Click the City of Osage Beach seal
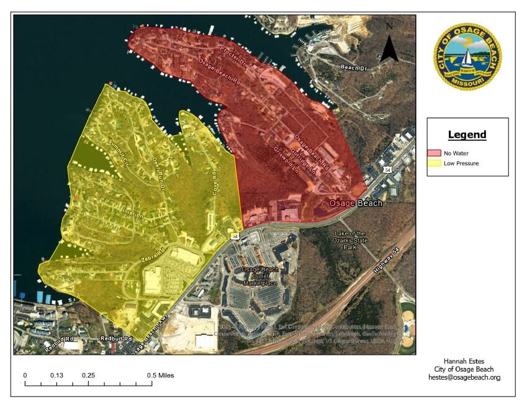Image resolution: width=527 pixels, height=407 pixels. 467,57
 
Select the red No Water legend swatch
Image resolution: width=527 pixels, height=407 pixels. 433,153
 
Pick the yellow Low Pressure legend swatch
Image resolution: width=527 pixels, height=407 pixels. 433,163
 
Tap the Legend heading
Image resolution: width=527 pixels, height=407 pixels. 467,135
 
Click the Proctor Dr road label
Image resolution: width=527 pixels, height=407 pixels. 233,53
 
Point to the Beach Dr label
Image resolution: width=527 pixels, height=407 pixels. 356,67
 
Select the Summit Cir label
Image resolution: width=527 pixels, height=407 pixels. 117,153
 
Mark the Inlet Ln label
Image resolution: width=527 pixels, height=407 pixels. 132,215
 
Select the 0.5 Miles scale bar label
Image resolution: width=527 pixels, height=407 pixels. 160,375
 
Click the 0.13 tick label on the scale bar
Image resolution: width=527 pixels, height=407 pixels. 57,375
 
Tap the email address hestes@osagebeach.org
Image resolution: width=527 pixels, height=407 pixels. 468,377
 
